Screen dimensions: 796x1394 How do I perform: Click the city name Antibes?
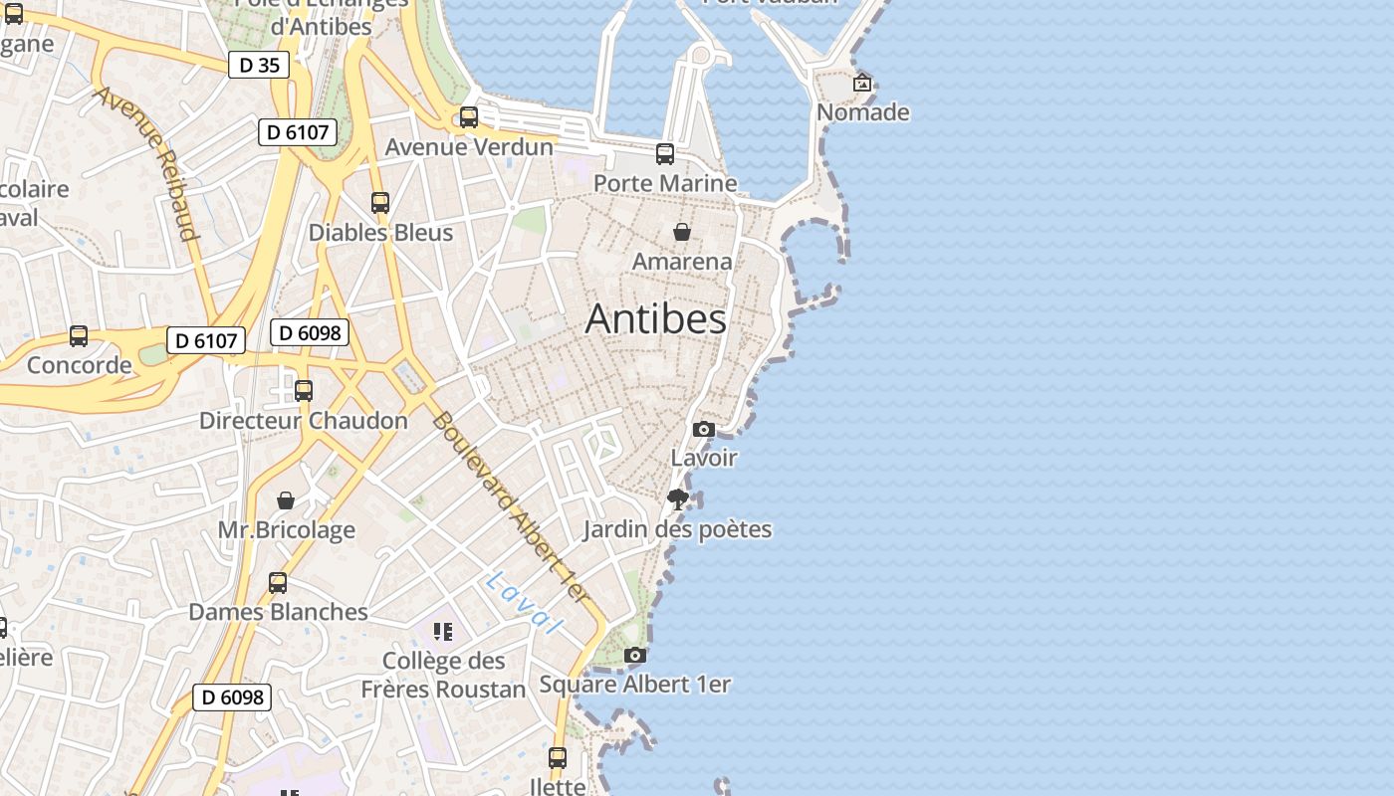point(655,318)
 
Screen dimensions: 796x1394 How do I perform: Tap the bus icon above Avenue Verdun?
point(469,117)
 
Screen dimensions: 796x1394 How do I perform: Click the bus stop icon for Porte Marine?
point(665,154)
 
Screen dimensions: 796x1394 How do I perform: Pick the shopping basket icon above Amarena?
point(682,232)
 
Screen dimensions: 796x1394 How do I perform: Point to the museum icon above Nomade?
point(862,84)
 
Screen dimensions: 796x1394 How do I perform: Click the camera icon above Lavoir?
point(704,429)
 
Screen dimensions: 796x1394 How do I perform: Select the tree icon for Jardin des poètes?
point(678,499)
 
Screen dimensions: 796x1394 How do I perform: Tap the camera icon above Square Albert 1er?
point(635,655)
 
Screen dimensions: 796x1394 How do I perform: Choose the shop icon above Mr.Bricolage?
point(286,500)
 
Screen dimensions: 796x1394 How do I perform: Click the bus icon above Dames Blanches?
point(278,583)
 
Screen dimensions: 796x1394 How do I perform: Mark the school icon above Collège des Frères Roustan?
point(443,631)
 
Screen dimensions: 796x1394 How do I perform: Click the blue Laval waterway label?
point(524,602)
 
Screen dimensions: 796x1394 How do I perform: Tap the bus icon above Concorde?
point(79,336)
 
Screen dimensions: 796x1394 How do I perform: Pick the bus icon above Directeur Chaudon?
point(304,391)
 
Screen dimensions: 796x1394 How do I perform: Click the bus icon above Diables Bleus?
point(380,203)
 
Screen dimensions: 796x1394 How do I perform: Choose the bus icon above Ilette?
point(558,758)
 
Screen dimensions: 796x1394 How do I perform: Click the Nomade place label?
point(862,112)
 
